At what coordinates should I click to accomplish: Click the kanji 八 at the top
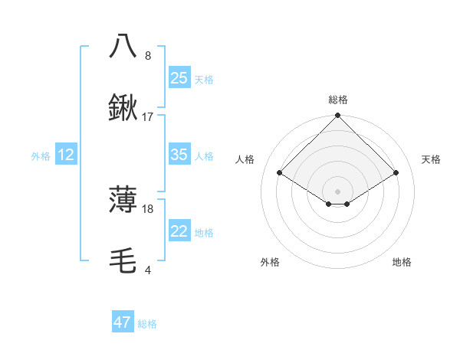(x=123, y=45)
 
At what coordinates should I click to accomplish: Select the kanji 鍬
(x=123, y=109)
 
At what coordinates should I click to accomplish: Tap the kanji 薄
(x=123, y=200)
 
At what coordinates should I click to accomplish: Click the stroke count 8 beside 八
(x=148, y=55)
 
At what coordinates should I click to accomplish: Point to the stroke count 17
(x=148, y=117)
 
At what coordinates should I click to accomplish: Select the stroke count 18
(x=148, y=208)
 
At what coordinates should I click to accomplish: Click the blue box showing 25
(x=179, y=77)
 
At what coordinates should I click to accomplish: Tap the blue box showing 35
(x=179, y=155)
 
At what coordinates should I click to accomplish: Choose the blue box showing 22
(x=179, y=231)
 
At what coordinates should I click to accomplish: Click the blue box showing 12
(x=66, y=155)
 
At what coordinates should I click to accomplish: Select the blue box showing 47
(x=123, y=322)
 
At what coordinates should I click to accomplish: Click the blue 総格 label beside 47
(x=147, y=324)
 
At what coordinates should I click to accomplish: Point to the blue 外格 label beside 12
(x=41, y=156)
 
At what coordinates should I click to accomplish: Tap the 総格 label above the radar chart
(x=338, y=100)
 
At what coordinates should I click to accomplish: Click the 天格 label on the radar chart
(x=432, y=159)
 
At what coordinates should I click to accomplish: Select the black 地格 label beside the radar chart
(x=402, y=263)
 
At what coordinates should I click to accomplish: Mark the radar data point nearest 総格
(x=337, y=116)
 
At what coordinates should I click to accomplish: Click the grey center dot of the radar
(x=337, y=191)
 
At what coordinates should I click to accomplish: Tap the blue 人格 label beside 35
(x=204, y=156)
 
